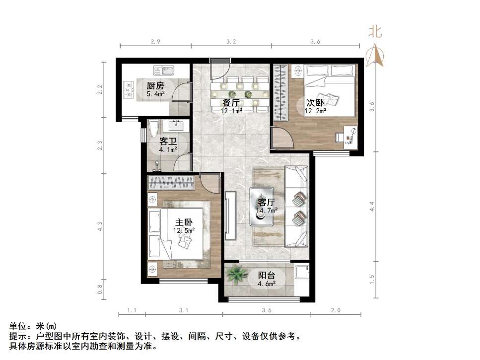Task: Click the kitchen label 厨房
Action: tap(155, 85)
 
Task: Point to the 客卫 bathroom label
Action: tap(168, 141)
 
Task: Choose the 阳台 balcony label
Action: tap(267, 276)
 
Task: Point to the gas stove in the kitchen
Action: tap(129, 89)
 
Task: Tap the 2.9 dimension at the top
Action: tap(155, 42)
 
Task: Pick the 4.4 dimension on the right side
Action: tap(372, 205)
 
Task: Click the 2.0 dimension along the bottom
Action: tap(335, 311)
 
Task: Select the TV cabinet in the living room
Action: tap(230, 217)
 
